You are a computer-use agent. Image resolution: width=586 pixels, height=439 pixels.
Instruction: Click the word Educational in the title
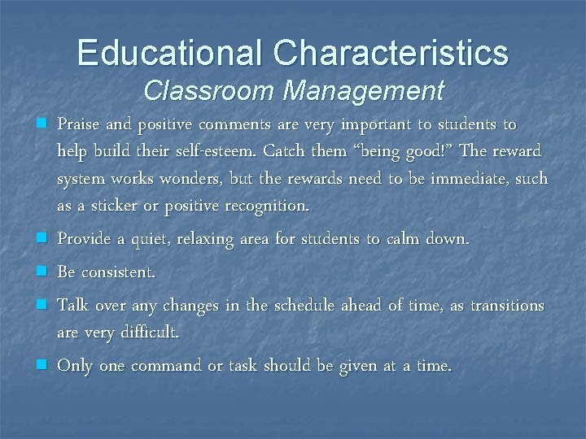click(169, 54)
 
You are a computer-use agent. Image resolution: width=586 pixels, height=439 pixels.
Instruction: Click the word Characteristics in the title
click(391, 54)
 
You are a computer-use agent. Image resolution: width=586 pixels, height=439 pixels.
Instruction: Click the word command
click(164, 366)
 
